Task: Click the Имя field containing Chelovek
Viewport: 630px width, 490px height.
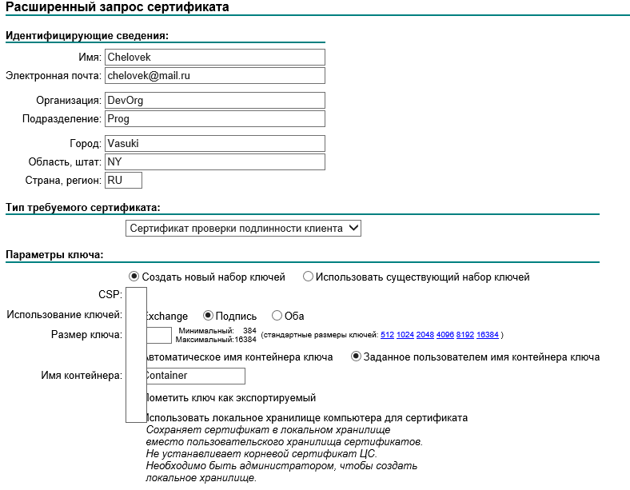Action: [214, 58]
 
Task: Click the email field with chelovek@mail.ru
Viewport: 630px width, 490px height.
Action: [214, 75]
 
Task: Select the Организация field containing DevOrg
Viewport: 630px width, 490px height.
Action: [214, 101]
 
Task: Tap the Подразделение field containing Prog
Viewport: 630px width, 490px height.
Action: [214, 118]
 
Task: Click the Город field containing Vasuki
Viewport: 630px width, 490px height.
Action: [214, 144]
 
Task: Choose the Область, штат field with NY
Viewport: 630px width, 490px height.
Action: [214, 161]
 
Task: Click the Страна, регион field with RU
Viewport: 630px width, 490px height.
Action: [123, 181]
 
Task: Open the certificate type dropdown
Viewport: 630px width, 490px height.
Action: [244, 229]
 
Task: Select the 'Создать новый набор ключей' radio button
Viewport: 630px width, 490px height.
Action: [134, 277]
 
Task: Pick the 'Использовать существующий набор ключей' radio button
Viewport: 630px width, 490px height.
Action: [308, 277]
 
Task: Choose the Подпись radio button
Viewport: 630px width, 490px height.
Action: [208, 316]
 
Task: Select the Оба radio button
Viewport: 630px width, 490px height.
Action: [277, 316]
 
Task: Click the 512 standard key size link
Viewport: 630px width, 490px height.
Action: [388, 334]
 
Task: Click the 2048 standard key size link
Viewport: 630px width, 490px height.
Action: [425, 334]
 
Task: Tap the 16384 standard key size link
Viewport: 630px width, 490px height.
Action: [487, 334]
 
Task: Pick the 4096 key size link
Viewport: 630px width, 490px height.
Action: [445, 334]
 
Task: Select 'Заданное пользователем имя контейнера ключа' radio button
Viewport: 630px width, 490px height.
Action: [357, 357]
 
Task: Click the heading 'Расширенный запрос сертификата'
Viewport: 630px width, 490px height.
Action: [118, 7]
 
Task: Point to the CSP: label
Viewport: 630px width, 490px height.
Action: [110, 295]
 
